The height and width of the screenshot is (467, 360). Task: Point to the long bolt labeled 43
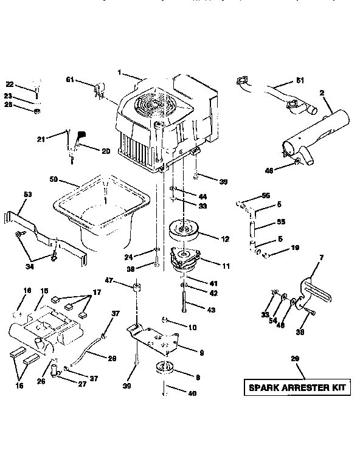[x=183, y=301]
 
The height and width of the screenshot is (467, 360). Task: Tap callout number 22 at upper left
[x=9, y=85]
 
